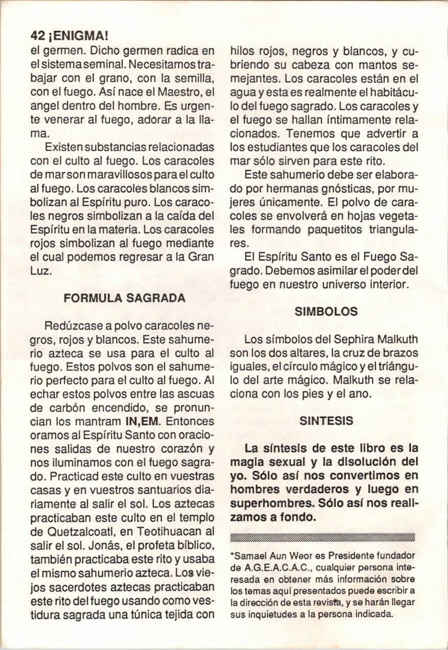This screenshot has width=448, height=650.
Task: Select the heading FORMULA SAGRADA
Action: click(124, 298)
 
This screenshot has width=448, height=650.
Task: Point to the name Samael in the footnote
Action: click(251, 554)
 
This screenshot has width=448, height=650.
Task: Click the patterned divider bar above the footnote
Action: click(323, 537)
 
